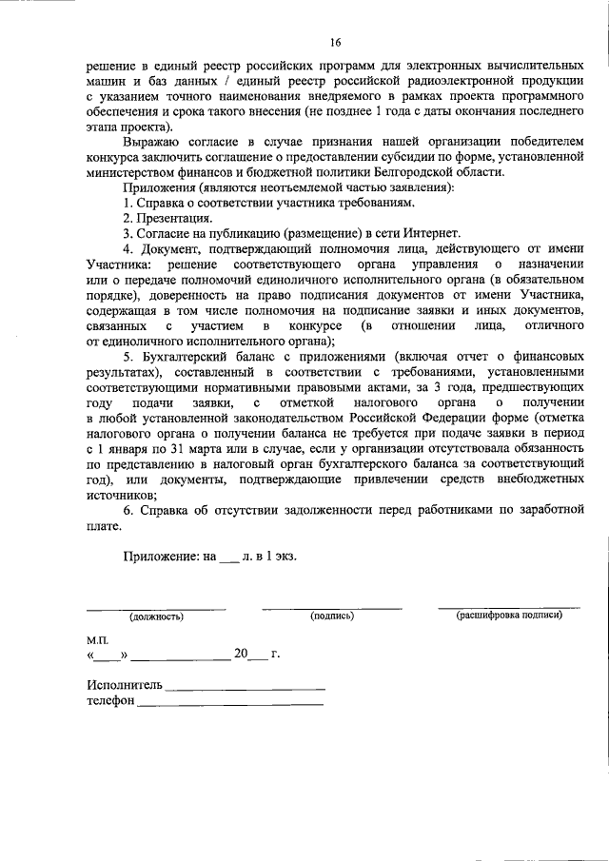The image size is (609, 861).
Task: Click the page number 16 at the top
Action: point(335,42)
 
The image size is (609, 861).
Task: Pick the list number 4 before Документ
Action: point(127,248)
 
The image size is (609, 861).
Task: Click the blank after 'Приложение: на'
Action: point(228,558)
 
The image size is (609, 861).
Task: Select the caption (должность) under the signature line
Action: point(157,616)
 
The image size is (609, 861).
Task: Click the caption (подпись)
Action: point(332,616)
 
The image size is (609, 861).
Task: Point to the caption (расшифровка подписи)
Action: point(509,616)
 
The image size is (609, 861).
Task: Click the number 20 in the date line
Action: point(242,654)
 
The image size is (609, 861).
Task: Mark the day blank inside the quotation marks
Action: point(108,656)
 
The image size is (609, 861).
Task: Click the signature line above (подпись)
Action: point(332,607)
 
